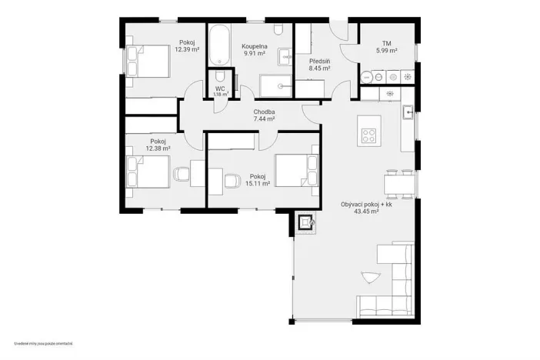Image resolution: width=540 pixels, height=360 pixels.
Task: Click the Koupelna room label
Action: tap(254, 45)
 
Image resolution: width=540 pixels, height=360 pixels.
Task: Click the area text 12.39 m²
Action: tap(187, 49)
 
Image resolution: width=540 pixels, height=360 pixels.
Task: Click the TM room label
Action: tap(386, 43)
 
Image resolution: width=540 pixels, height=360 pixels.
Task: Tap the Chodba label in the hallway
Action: tap(265, 112)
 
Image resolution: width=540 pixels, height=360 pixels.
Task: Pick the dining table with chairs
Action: tap(399, 184)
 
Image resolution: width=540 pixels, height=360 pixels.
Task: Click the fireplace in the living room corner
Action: tap(305, 223)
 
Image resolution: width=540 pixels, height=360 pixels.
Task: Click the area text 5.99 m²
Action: tap(386, 51)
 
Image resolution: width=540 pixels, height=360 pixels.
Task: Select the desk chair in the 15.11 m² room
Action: tap(232, 179)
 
